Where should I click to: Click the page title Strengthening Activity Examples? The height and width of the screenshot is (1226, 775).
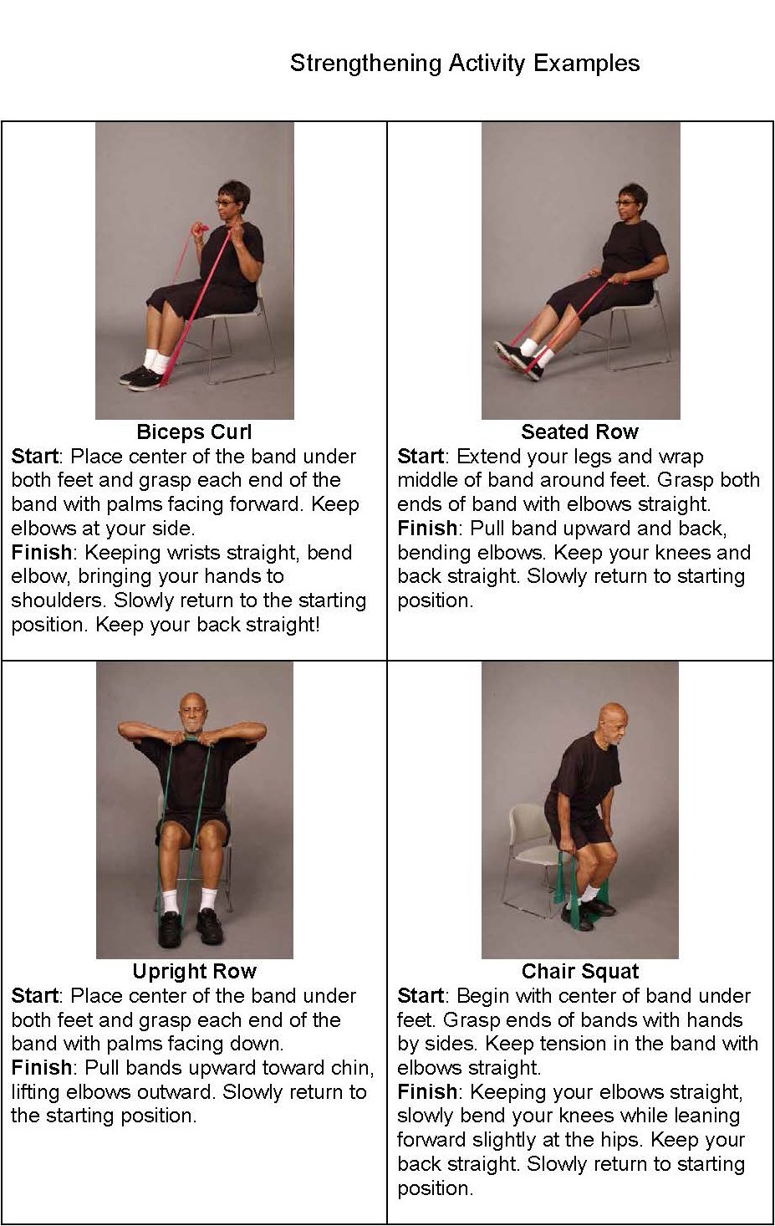464,64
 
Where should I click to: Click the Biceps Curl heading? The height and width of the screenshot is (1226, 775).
193,432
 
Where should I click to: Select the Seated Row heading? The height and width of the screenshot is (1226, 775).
579,432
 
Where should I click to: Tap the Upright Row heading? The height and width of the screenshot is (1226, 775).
193,972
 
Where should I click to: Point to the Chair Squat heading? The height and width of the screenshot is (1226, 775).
579,972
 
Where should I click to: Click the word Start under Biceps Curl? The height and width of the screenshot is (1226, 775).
34,457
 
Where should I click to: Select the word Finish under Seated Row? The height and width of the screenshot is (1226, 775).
427,529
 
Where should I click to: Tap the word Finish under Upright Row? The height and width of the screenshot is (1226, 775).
41,1068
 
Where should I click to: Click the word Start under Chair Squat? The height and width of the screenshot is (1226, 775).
421,996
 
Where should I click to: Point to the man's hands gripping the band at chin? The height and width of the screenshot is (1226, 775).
193,740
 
